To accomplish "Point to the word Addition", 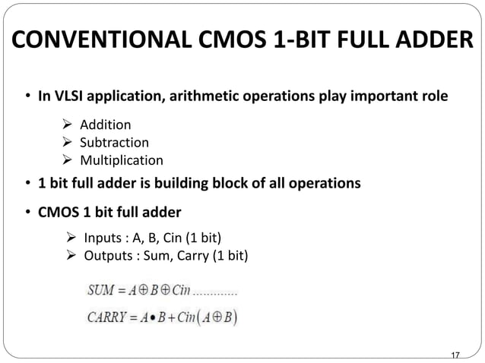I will point(106,125).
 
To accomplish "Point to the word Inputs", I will point(103,237).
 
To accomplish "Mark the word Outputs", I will point(107,254).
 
